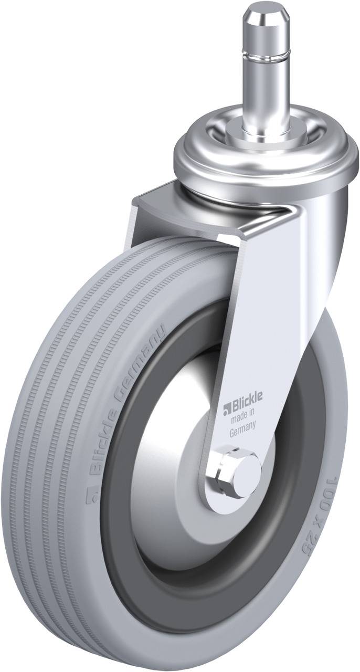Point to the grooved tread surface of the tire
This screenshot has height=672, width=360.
[47, 420]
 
